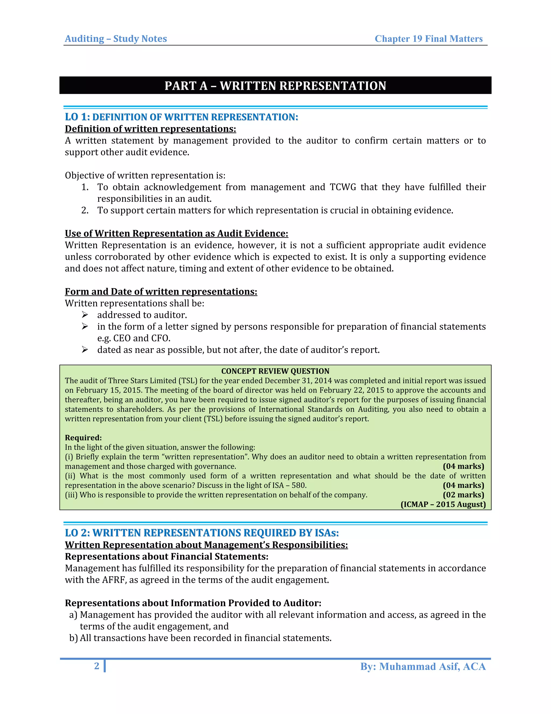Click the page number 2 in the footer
click(97, 666)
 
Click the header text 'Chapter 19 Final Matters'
click(428, 39)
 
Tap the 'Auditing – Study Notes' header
click(116, 39)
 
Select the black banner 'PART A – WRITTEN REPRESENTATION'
click(275, 86)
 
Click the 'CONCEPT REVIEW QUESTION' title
click(275, 371)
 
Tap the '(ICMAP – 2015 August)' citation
click(443, 504)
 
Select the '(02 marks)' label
click(463, 495)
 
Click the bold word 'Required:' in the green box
click(83, 438)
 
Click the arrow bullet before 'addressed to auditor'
click(85, 315)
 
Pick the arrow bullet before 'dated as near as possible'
click(85, 350)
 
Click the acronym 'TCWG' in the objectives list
click(343, 187)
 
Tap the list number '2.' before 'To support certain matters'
click(85, 210)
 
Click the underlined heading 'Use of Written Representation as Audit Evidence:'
click(176, 233)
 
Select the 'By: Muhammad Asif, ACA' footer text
click(423, 666)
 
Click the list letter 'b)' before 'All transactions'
click(73, 638)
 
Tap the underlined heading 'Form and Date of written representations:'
click(161, 292)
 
